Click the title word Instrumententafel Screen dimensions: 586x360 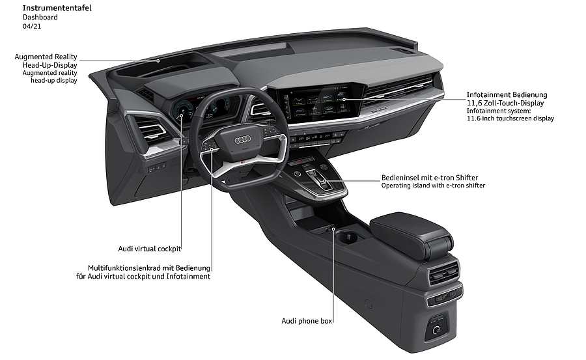(57, 8)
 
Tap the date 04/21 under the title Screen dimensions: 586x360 (32, 26)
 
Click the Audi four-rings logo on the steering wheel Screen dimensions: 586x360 (243, 140)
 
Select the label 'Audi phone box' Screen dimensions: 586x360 (307, 321)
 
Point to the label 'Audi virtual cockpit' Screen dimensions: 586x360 (150, 249)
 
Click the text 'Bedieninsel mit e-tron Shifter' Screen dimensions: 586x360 (430, 178)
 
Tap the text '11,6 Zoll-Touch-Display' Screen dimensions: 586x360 (505, 103)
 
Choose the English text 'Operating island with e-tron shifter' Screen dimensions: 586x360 (433, 186)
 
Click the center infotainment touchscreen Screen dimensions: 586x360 (322, 102)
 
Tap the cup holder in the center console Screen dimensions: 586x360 (348, 238)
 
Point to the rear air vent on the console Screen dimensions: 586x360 (443, 273)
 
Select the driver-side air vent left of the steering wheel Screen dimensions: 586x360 (151, 132)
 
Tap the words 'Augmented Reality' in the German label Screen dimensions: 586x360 (46, 57)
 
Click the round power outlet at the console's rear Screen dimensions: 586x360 (436, 330)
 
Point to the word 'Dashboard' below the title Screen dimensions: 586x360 (40, 17)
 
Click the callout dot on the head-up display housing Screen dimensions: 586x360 (158, 61)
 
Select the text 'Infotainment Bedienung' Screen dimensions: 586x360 (507, 94)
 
